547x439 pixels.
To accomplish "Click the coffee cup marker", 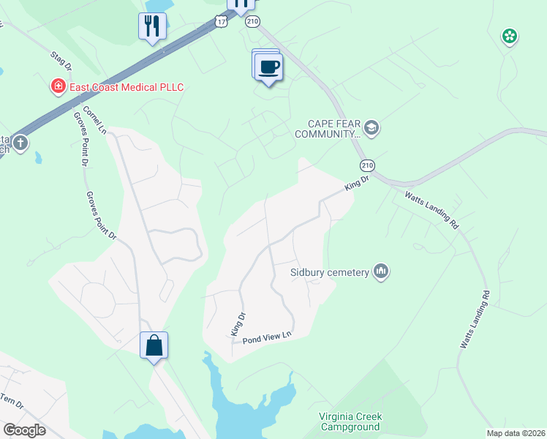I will click(x=269, y=67).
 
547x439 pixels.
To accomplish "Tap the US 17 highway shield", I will click(x=222, y=21).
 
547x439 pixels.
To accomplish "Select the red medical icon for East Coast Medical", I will click(x=58, y=88).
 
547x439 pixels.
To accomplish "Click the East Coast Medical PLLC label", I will click(x=126, y=88).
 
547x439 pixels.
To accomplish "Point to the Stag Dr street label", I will click(x=61, y=61).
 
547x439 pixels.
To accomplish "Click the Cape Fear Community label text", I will click(x=328, y=129).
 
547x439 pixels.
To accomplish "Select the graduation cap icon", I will click(x=371, y=129).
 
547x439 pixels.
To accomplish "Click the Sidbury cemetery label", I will click(x=328, y=273).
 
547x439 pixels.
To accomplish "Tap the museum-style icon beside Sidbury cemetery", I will click(x=380, y=272).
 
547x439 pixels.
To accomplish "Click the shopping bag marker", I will click(x=154, y=345).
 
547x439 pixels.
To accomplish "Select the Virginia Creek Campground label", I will click(x=350, y=421).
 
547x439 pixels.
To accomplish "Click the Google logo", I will click(x=24, y=430).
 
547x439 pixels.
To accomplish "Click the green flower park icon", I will click(x=509, y=36).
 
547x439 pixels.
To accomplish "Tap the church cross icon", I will click(x=20, y=143).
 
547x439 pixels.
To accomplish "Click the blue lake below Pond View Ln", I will click(x=241, y=410).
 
